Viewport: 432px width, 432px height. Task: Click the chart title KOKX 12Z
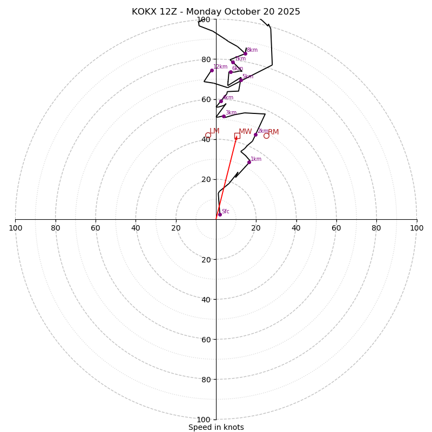pyautogui.click(x=216, y=12)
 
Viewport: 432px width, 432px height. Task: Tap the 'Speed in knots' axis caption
pyautogui.click(x=216, y=427)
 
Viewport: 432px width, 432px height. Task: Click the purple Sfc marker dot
pyautogui.click(x=219, y=214)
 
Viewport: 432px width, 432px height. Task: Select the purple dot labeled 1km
pyautogui.click(x=249, y=162)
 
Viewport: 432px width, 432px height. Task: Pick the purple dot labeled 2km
pyautogui.click(x=255, y=134)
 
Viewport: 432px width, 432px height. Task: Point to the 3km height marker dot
pyautogui.click(x=224, y=116)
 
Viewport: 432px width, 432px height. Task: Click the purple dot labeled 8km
pyautogui.click(x=245, y=53)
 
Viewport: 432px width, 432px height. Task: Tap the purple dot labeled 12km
pyautogui.click(x=212, y=70)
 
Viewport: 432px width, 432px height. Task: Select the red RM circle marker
pyautogui.click(x=266, y=136)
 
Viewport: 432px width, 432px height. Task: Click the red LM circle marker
pyautogui.click(x=208, y=135)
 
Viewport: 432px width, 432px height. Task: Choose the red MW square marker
pyautogui.click(x=237, y=136)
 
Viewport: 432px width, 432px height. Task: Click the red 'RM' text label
pyautogui.click(x=274, y=132)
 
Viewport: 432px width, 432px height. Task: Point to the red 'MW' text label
pyautogui.click(x=245, y=131)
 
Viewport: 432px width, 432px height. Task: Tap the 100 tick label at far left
pyautogui.click(x=15, y=228)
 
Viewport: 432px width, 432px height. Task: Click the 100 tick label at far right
pyautogui.click(x=417, y=228)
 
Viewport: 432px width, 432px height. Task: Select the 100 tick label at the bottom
pyautogui.click(x=204, y=420)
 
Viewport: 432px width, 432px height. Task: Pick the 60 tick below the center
pyautogui.click(x=206, y=339)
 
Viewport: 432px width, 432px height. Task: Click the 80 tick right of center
pyautogui.click(x=376, y=228)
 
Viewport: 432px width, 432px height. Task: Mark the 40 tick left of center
pyautogui.click(x=136, y=228)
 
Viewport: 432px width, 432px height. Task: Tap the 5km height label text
pyautogui.click(x=247, y=76)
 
